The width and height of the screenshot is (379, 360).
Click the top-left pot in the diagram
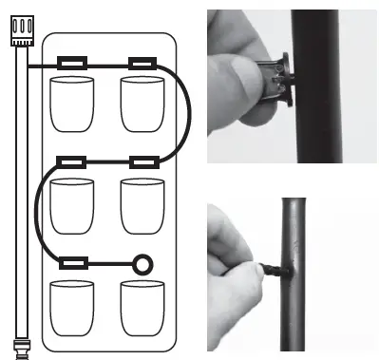(x=73, y=104)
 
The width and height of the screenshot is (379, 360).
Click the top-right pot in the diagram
(x=142, y=104)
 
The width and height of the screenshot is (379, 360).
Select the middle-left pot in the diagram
(x=73, y=203)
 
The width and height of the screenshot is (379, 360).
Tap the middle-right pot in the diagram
(x=142, y=203)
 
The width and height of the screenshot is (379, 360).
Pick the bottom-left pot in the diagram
(x=73, y=309)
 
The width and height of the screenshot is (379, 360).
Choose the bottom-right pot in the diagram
(x=142, y=309)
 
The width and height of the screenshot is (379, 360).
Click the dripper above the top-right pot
(x=143, y=66)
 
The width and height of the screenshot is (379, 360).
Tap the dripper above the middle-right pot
(x=143, y=162)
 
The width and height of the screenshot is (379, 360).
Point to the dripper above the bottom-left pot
(x=74, y=261)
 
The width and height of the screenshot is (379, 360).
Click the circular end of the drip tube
(x=142, y=262)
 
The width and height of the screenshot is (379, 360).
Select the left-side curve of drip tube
(x=37, y=213)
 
